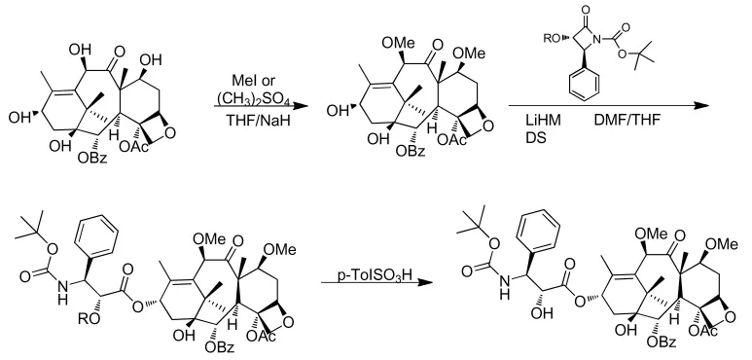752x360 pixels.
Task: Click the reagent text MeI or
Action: (x=253, y=80)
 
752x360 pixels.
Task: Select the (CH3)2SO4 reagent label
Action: (x=252, y=99)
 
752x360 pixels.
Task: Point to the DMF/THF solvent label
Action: (x=627, y=121)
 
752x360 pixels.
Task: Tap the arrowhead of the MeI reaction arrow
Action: (x=300, y=106)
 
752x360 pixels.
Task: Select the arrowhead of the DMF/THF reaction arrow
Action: (x=700, y=105)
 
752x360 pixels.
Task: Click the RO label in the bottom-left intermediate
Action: (x=90, y=319)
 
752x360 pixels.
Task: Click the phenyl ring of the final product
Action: (x=540, y=229)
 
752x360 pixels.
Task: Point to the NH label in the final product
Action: (x=504, y=286)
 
